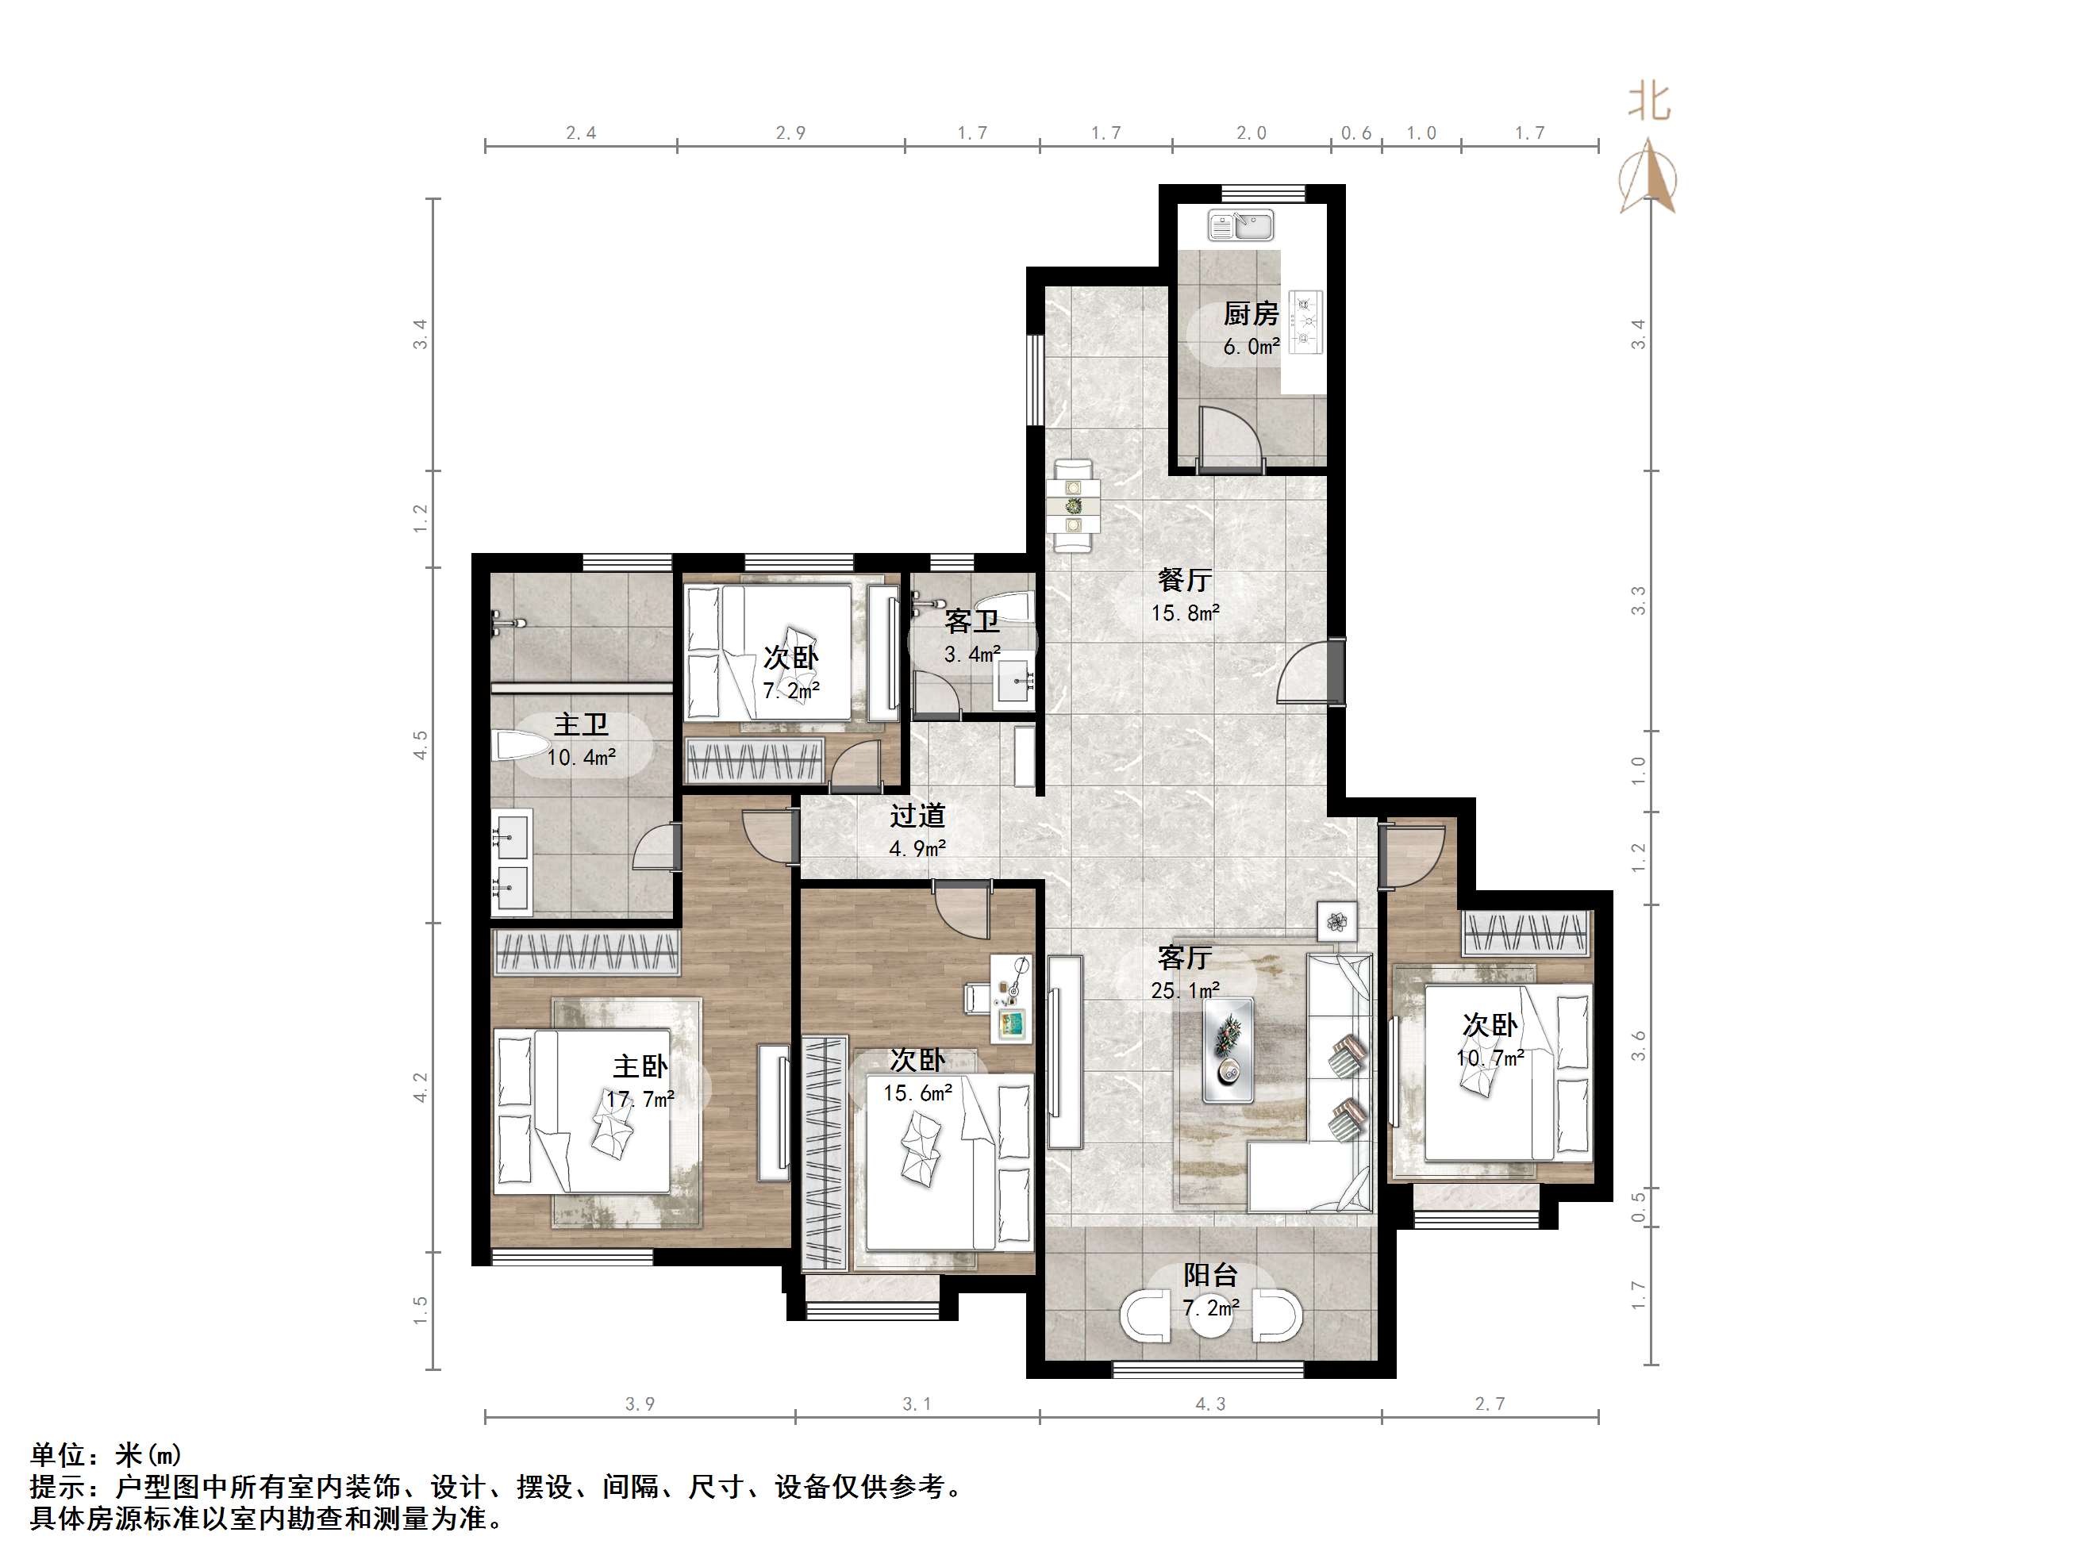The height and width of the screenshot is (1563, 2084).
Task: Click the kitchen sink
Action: click(1240, 225)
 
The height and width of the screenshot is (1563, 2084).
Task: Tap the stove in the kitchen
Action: click(1305, 321)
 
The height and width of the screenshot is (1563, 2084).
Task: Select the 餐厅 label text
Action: click(1184, 579)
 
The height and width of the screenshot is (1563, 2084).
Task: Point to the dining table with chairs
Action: click(1074, 506)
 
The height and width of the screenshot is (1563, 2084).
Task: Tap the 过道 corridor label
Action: click(917, 815)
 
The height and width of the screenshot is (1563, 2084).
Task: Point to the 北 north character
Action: click(1649, 102)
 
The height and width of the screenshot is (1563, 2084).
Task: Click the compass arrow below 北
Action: click(1649, 175)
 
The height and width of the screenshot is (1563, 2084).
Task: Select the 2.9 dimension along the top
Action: click(790, 132)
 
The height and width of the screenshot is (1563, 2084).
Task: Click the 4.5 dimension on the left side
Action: click(420, 745)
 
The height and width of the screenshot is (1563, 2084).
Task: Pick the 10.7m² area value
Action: click(1490, 1058)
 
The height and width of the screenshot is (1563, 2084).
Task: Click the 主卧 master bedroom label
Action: click(640, 1066)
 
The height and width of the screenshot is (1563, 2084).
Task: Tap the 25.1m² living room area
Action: click(1185, 990)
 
